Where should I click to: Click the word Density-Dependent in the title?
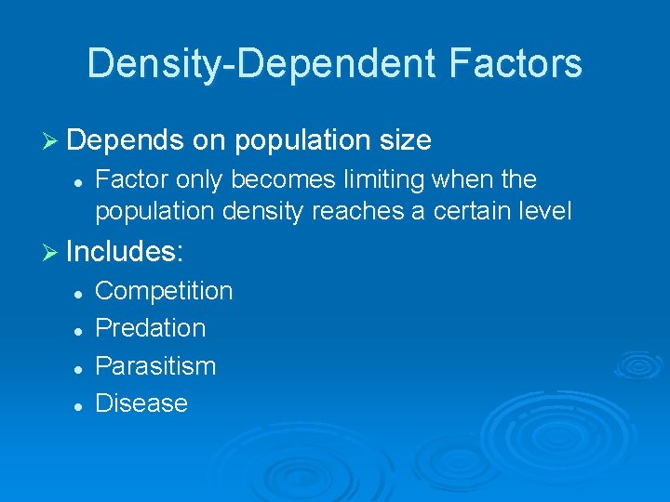click(250, 64)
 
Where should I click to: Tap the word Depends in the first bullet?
click(126, 140)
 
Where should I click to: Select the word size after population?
click(406, 140)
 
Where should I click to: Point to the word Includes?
click(126, 252)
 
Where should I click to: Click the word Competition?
click(164, 291)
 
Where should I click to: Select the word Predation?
click(151, 328)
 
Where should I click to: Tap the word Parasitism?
click(155, 366)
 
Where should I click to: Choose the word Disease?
click(141, 403)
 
